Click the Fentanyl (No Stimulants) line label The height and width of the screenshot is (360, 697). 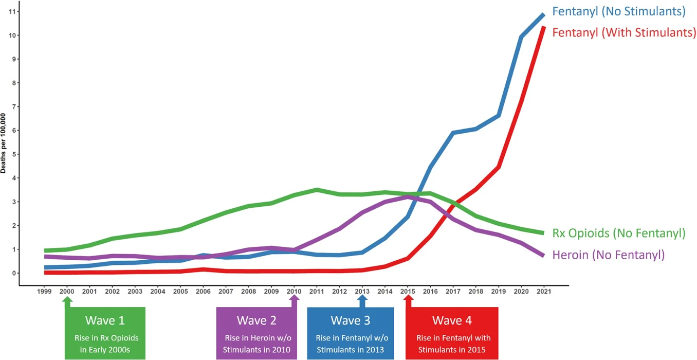point(619,11)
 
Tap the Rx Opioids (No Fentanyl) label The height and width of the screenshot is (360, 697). point(619,233)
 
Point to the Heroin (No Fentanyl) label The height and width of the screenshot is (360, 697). point(609,254)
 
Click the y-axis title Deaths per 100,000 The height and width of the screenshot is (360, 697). point(4,143)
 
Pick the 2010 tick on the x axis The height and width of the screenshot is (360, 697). point(294,291)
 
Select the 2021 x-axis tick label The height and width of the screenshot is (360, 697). point(544,291)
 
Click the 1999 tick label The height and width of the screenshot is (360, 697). point(45,291)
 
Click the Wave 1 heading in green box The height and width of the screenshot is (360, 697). point(105,320)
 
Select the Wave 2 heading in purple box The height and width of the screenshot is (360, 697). point(256,320)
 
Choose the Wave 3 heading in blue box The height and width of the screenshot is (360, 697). point(351,320)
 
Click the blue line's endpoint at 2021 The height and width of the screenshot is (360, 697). point(543,14)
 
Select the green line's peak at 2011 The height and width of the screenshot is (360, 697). point(317,190)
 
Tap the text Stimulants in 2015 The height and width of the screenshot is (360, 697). point(451,350)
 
